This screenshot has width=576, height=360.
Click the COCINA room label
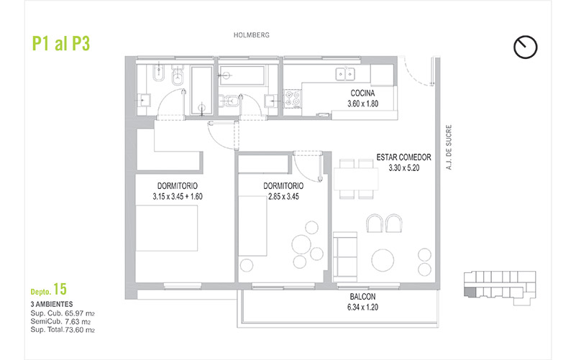(x=362, y=93)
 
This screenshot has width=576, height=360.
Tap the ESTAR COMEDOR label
(x=403, y=157)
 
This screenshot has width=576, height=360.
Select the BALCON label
(x=362, y=297)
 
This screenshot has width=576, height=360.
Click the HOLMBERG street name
(x=252, y=35)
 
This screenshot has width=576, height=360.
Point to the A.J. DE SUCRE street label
(x=449, y=147)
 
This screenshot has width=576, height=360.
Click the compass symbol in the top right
(x=526, y=47)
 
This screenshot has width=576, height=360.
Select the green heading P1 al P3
(x=61, y=43)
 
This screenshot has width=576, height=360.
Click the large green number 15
(x=60, y=289)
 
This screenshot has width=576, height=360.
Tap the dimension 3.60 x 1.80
(x=362, y=104)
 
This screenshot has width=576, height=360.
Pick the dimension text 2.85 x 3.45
(x=283, y=197)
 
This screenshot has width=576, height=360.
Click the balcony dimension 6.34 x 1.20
(x=362, y=307)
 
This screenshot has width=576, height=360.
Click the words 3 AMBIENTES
(x=52, y=304)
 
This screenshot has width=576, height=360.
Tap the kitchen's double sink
(x=345, y=74)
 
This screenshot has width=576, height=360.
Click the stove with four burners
(x=293, y=98)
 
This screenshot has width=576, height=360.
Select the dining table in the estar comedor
(x=356, y=179)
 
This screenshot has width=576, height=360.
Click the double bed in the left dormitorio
(x=167, y=228)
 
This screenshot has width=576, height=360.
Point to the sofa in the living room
(x=345, y=257)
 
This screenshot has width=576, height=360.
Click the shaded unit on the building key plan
(x=470, y=292)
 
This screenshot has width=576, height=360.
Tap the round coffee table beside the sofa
(x=383, y=260)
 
